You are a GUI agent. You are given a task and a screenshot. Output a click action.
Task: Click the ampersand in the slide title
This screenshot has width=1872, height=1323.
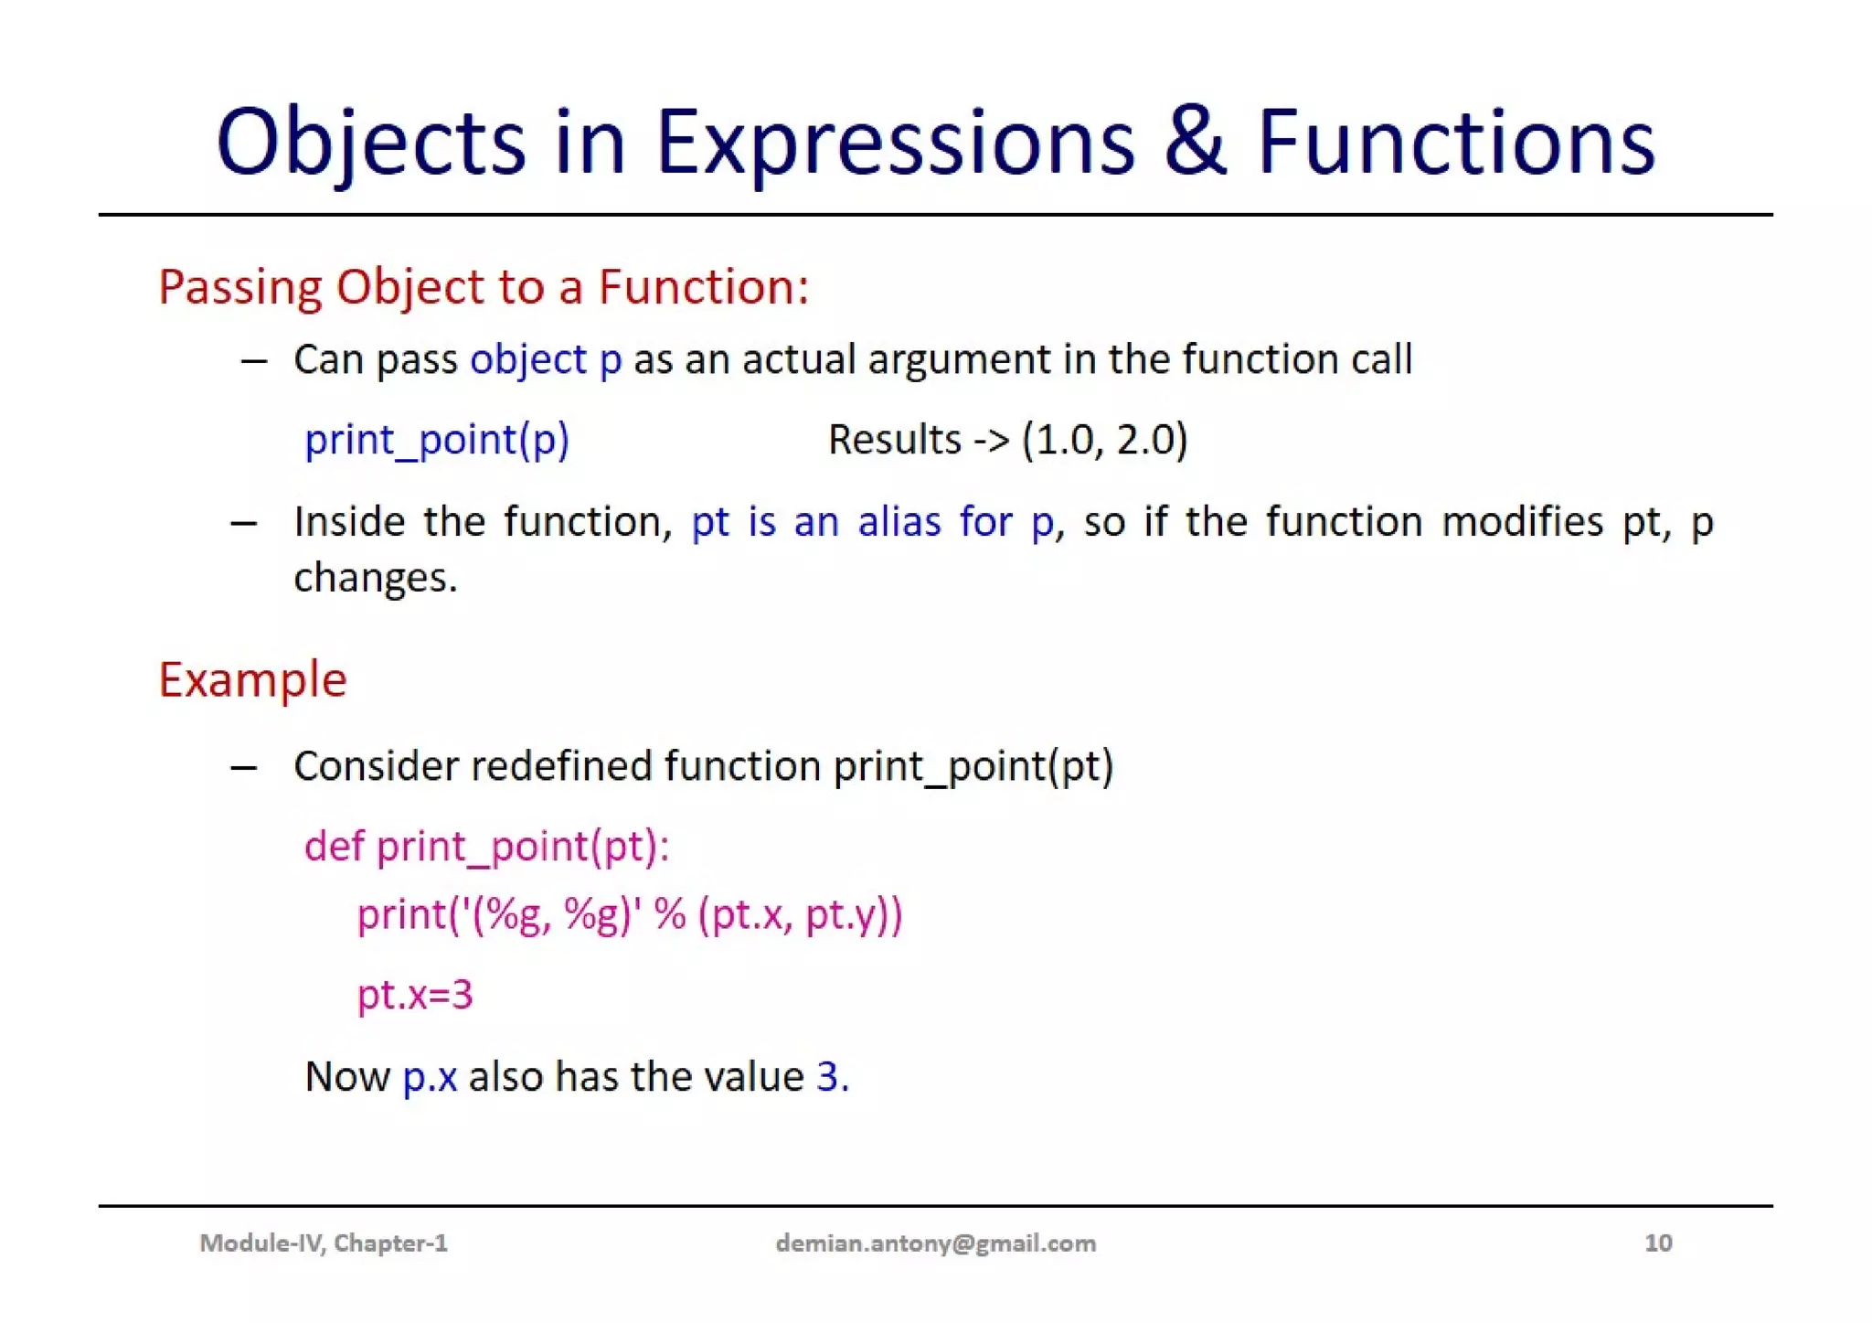click(x=1195, y=143)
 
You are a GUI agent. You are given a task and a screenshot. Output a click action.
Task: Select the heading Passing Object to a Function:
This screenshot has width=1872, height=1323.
click(x=484, y=287)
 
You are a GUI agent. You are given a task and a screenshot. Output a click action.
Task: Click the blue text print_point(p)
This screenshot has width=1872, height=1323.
click(x=436, y=440)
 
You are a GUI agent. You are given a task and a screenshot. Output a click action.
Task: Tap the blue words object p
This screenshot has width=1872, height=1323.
click(x=546, y=359)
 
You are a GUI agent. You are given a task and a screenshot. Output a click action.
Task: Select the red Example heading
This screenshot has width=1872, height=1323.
click(x=252, y=679)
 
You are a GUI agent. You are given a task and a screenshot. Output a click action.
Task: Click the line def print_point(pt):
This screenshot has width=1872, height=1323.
click(x=486, y=846)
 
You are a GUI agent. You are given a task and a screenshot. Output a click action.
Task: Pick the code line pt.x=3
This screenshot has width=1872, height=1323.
click(x=414, y=994)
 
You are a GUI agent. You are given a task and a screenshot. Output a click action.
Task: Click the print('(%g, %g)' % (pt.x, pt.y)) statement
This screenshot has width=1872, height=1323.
click(x=629, y=914)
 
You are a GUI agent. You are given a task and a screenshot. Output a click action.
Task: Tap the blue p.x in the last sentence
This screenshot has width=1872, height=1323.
click(x=430, y=1077)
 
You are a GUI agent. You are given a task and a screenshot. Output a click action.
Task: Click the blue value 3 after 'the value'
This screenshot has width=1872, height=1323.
click(x=827, y=1077)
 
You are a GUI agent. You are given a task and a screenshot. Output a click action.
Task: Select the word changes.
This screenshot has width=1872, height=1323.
click(x=375, y=578)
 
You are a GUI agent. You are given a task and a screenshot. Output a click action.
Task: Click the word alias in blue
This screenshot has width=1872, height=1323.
click(x=899, y=522)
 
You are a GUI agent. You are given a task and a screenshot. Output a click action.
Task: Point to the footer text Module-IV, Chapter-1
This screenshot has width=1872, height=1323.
click(x=324, y=1243)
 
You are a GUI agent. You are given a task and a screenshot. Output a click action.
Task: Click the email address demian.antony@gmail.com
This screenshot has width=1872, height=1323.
click(x=935, y=1243)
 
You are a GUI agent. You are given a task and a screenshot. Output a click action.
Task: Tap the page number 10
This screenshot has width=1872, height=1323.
click(x=1657, y=1243)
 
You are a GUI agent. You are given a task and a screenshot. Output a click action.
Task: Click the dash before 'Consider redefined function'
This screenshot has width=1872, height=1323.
click(x=243, y=767)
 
